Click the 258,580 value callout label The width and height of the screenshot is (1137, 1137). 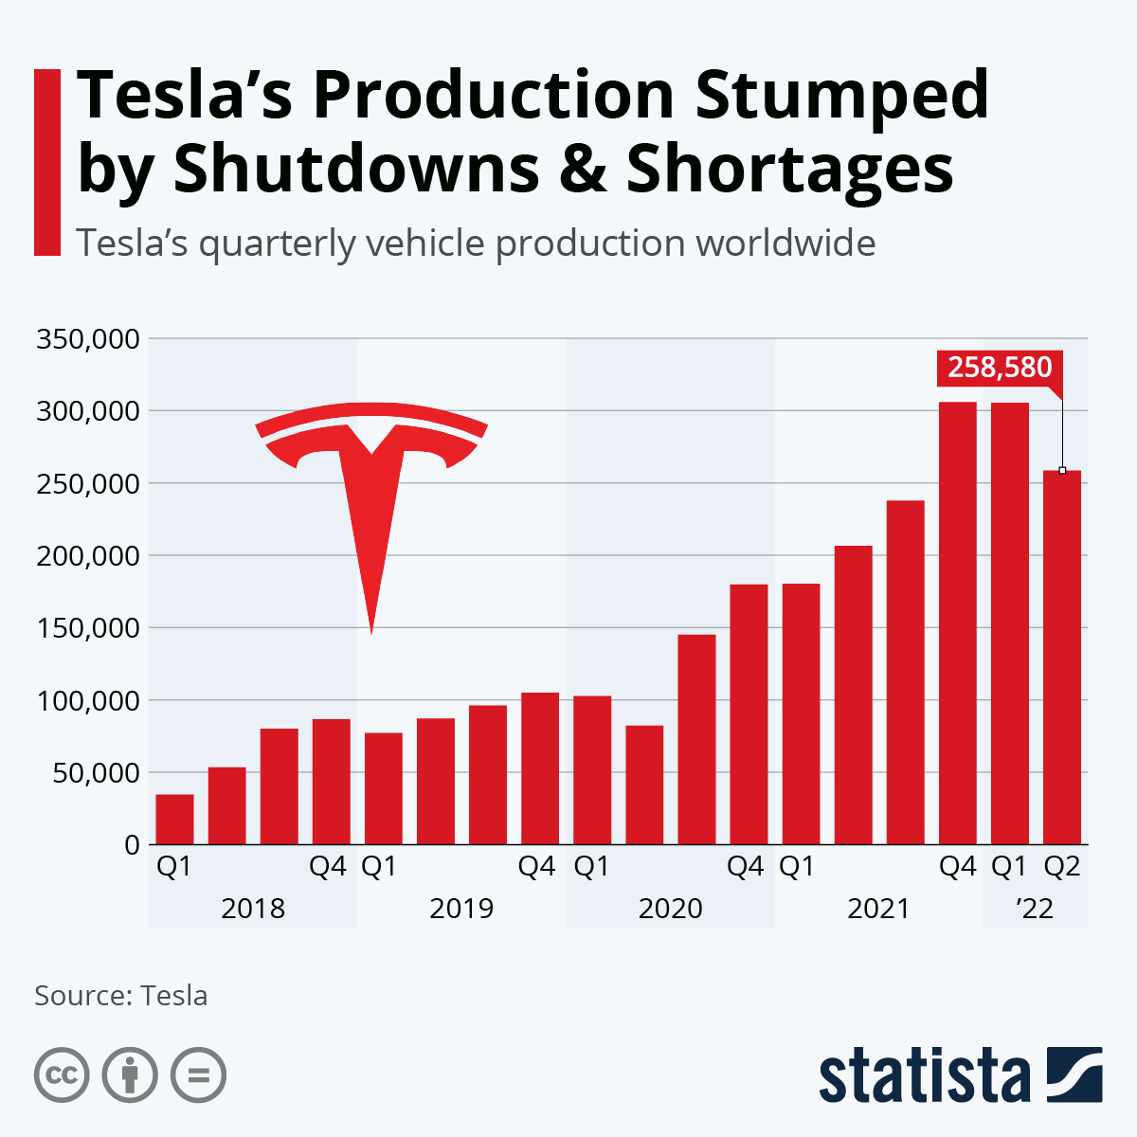999,368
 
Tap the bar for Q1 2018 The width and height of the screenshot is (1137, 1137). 175,820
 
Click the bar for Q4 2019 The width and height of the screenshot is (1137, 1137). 540,768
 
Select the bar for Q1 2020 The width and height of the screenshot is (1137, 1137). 592,770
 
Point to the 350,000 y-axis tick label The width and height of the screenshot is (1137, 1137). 87,339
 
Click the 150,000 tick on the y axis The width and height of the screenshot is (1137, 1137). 87,628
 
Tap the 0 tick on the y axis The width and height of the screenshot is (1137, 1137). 132,845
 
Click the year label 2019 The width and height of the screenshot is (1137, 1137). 461,909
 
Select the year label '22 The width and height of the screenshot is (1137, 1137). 1034,909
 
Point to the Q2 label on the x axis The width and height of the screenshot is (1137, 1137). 1061,867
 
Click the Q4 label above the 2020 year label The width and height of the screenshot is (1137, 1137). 745,867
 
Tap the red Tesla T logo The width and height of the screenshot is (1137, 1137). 371,493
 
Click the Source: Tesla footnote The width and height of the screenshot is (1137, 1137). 120,996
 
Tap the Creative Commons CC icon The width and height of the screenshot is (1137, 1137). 62,1075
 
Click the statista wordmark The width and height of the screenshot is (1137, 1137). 925,1076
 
